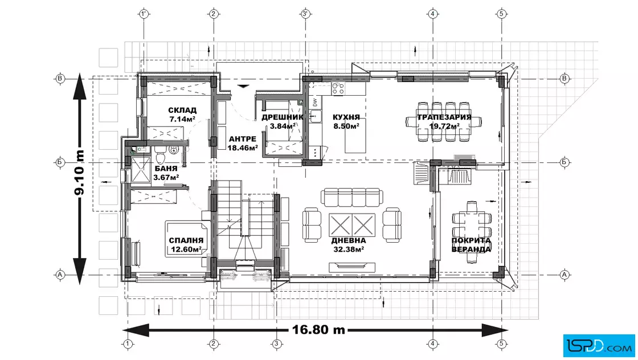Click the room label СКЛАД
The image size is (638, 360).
pos(182,111)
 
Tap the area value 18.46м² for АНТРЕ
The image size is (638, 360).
pos(243,148)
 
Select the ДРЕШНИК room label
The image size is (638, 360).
pos(283,117)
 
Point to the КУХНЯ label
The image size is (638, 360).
pos(346,117)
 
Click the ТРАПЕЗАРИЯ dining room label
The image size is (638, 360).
pos(444,117)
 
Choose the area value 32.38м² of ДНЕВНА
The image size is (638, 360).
pos(349,249)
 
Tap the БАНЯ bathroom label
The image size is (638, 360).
pos(166,169)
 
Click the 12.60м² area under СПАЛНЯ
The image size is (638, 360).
pos(186,249)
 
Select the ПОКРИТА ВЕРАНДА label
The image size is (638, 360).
pos(471,245)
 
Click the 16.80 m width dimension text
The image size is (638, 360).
pos(318,329)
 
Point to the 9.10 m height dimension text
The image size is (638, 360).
pos(79,173)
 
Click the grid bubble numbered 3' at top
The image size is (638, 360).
pos(305,14)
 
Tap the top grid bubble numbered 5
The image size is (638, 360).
pos(501,14)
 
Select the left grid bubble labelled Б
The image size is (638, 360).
pos(60,162)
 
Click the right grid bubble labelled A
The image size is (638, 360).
pos(565,275)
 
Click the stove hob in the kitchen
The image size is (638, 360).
pos(338,89)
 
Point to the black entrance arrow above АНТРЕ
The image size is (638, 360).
pos(243,86)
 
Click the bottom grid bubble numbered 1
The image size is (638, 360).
pos(128,343)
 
